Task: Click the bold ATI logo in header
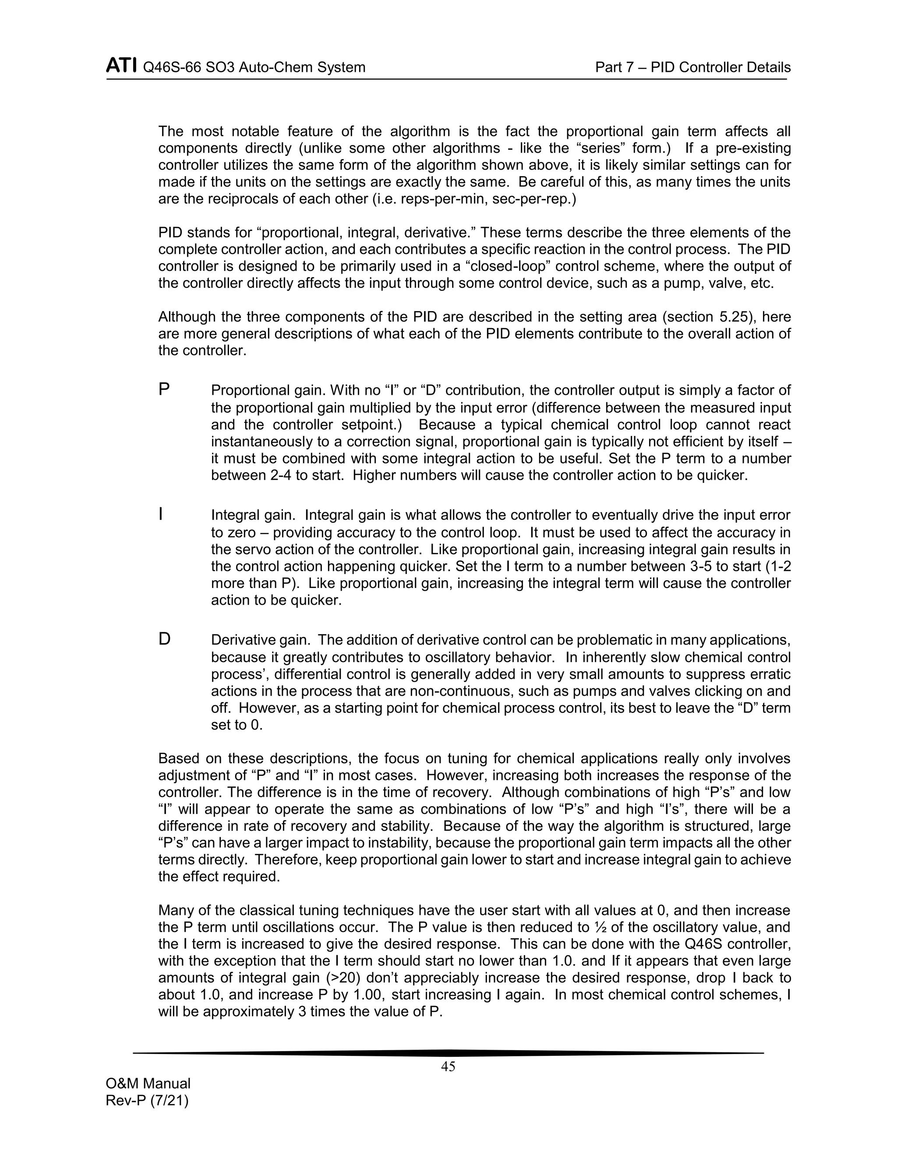point(121,67)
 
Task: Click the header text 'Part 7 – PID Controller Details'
point(692,67)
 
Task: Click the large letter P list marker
point(164,389)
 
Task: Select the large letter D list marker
point(165,639)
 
